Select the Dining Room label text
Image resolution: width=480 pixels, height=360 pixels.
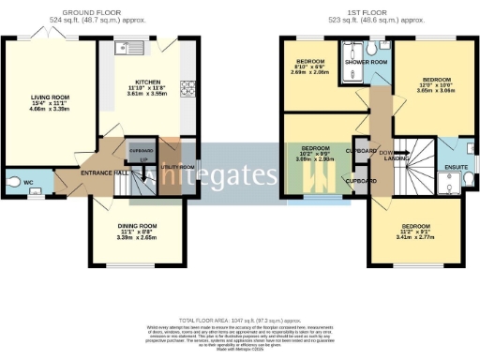(x=137, y=226)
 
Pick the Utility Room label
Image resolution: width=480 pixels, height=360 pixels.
(x=177, y=167)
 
